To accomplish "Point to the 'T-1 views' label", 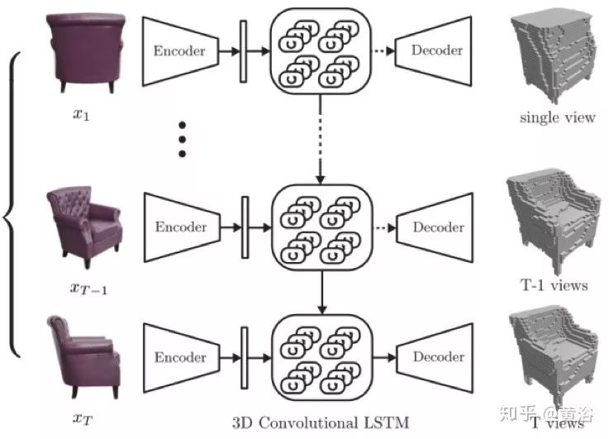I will pos(554,285).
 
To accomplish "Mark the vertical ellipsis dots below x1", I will pos(183,139).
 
